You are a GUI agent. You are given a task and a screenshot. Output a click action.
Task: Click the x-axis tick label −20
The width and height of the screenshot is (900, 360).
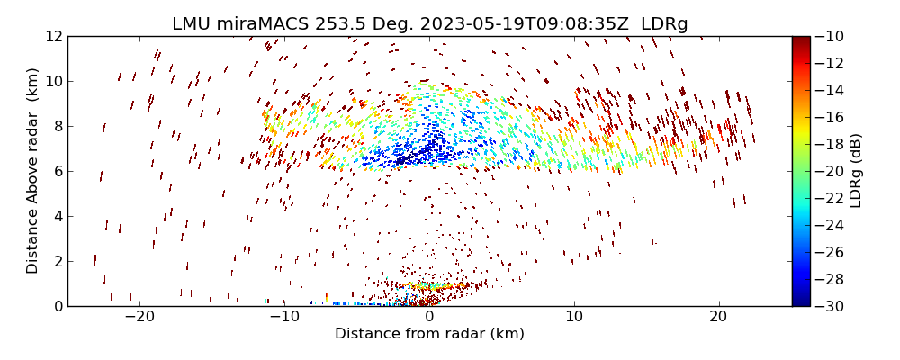coord(139,318)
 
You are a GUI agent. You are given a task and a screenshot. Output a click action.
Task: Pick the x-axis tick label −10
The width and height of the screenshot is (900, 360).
coord(284,318)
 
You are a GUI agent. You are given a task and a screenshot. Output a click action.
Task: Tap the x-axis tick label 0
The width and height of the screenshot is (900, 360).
coord(429,318)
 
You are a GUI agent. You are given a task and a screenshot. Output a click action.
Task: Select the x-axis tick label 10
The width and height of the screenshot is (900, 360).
coord(574,318)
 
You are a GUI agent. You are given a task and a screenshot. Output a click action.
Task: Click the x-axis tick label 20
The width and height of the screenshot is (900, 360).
coord(718,318)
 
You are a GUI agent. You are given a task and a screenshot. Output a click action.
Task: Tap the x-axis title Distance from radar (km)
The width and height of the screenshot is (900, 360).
coord(429,334)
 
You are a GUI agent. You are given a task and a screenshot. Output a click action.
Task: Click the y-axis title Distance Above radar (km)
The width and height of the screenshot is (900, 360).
coord(33,171)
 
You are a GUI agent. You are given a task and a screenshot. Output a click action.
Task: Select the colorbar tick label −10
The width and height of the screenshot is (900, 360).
coord(833,37)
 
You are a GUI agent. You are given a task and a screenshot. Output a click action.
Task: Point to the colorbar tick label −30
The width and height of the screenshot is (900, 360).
coord(833,306)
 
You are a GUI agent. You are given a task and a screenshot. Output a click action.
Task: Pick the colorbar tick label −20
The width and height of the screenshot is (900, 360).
coord(833,171)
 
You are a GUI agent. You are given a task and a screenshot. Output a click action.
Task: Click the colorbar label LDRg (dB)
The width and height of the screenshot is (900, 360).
coord(856,171)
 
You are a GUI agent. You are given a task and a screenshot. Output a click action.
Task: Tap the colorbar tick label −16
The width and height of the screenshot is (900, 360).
coord(833,117)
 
